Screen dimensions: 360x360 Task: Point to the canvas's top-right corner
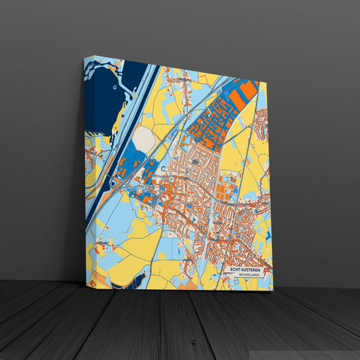point(267,84)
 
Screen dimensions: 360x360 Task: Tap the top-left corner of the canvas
point(84,58)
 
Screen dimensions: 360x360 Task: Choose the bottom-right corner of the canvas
point(272,290)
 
